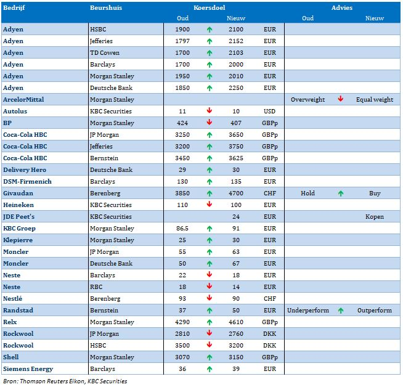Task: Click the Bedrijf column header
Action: click(x=14, y=8)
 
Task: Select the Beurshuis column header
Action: click(x=106, y=8)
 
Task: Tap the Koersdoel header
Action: click(x=210, y=8)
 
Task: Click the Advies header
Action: click(x=341, y=8)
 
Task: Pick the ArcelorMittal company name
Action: click(x=23, y=99)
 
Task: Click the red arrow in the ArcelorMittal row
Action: click(x=341, y=99)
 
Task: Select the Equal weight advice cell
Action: click(x=375, y=100)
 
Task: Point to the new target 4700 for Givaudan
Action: click(x=236, y=193)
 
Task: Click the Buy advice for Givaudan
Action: click(x=375, y=193)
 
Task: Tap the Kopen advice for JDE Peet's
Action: click(x=375, y=217)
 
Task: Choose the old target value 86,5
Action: click(x=182, y=229)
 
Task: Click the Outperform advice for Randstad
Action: click(x=375, y=311)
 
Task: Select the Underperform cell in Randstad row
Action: click(x=308, y=311)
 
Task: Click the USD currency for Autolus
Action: click(x=270, y=112)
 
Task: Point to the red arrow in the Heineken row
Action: click(x=210, y=204)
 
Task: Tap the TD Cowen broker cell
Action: click(x=105, y=52)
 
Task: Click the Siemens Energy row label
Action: click(x=28, y=369)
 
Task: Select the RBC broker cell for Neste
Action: click(x=96, y=287)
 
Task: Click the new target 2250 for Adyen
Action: click(x=236, y=88)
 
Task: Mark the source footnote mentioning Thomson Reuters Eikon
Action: click(x=65, y=381)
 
